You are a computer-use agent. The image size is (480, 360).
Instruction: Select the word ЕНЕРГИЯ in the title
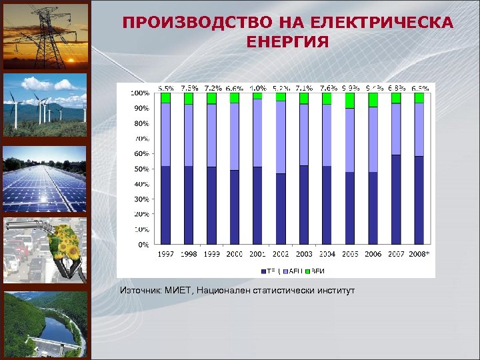click(287, 43)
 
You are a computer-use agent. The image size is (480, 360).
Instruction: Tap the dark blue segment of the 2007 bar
click(395, 199)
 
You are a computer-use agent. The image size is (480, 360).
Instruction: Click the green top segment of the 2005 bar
click(350, 100)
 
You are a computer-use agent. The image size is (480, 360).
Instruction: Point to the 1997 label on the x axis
click(165, 254)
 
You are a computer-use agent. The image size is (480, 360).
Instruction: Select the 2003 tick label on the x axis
click(303, 254)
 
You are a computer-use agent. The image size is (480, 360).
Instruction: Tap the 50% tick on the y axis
click(141, 169)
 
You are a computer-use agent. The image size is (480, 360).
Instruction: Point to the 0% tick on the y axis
click(143, 245)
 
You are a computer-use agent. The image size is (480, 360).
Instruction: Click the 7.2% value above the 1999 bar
click(213, 88)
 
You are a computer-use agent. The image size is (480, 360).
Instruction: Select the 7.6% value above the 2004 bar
click(327, 88)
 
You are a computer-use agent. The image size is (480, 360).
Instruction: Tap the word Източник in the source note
click(141, 291)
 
